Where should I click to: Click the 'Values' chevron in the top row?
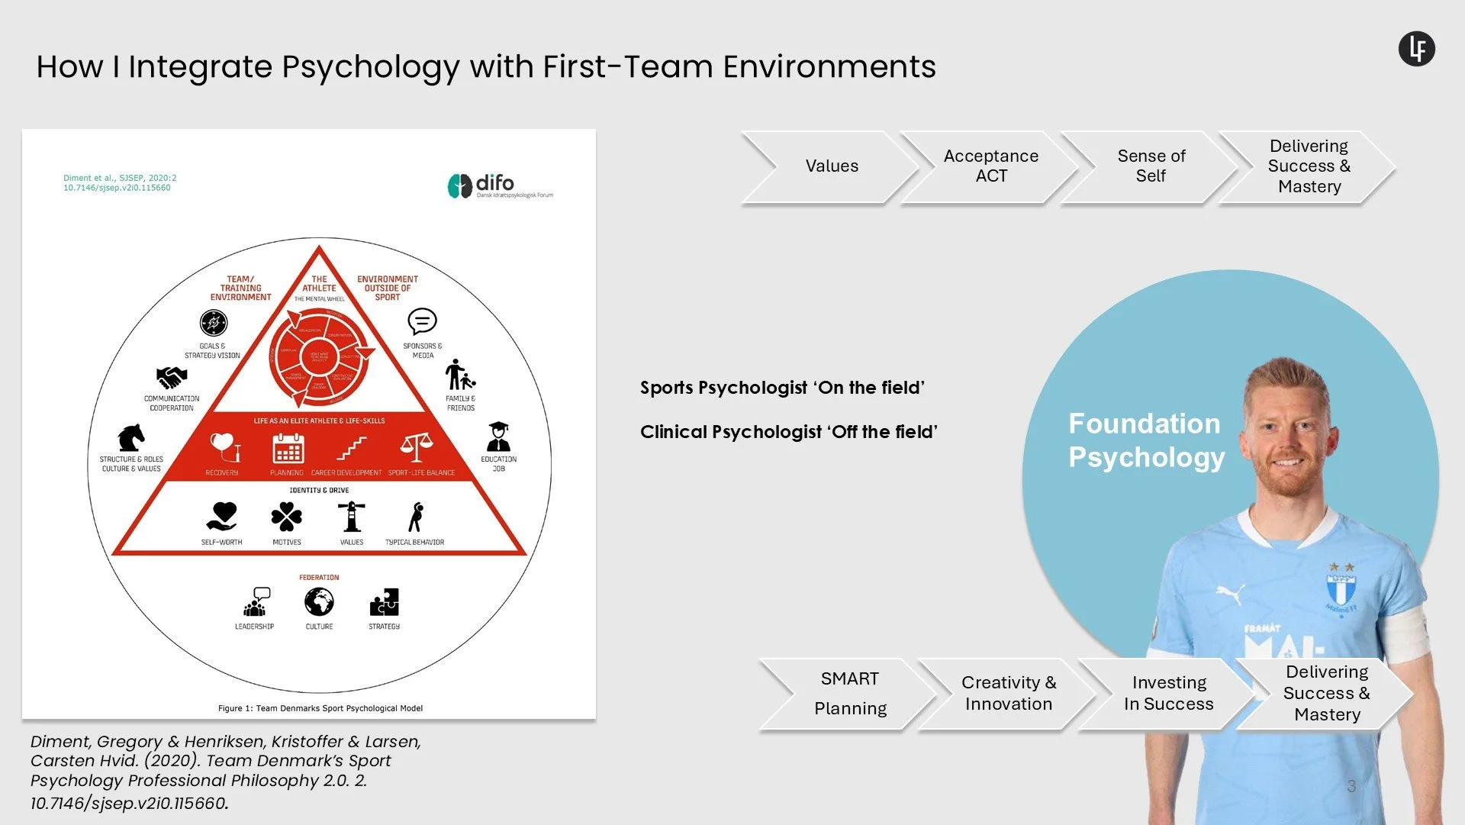click(x=831, y=166)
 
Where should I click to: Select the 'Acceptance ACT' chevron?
click(x=990, y=166)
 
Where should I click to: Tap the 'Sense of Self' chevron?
click(x=1151, y=166)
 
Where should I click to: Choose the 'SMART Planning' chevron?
click(x=849, y=694)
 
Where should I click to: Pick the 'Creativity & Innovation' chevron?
click(x=1008, y=694)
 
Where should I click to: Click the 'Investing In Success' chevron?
click(x=1168, y=694)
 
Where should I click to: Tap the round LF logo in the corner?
click(x=1416, y=49)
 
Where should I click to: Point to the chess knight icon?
click(x=130, y=438)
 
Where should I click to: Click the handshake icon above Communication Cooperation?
click(x=172, y=377)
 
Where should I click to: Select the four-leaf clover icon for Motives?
click(x=286, y=517)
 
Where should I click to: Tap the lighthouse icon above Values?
click(x=352, y=517)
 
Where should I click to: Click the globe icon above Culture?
click(x=319, y=602)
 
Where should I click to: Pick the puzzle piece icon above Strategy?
click(x=384, y=602)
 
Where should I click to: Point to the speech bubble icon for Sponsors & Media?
click(x=422, y=322)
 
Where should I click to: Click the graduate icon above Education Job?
click(x=498, y=437)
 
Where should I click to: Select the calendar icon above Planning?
click(x=288, y=448)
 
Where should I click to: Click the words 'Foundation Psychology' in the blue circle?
click(x=1145, y=440)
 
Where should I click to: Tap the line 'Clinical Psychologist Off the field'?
click(x=788, y=432)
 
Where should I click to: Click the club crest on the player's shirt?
click(x=1341, y=588)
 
